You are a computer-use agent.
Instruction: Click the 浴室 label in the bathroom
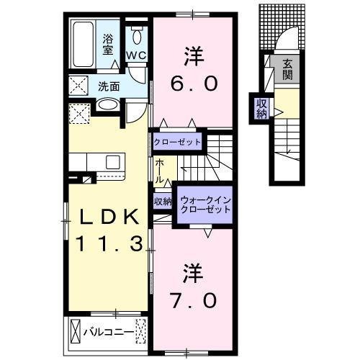tap(107, 45)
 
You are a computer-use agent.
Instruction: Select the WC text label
tap(137, 55)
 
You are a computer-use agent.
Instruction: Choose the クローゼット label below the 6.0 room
tap(176, 141)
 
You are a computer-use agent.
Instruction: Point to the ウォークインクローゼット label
tap(206, 204)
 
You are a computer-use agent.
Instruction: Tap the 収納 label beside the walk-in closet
tap(162, 201)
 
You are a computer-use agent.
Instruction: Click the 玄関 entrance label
tap(288, 68)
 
